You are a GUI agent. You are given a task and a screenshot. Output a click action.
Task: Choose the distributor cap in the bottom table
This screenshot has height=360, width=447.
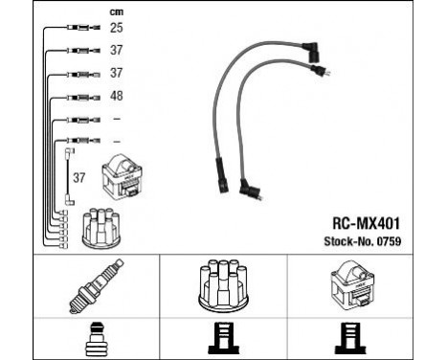(x=223, y=286)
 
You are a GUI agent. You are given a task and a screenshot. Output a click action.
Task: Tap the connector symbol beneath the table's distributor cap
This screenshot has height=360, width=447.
(x=223, y=337)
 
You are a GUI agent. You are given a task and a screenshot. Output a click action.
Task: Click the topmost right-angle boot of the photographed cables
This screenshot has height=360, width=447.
(x=311, y=48)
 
